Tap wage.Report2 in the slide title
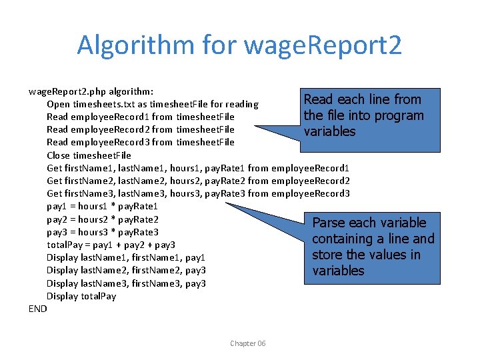click(323, 45)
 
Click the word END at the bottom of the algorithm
click(38, 309)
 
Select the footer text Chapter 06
click(247, 343)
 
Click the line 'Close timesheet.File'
click(89, 155)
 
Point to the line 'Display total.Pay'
click(81, 296)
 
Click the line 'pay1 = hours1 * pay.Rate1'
click(102, 207)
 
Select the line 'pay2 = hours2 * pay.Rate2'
click(102, 219)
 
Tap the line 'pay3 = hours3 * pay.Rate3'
click(102, 232)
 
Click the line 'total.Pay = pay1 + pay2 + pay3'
click(111, 245)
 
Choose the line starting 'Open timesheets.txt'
click(153, 104)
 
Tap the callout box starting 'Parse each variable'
click(373, 247)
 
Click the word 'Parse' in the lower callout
click(329, 223)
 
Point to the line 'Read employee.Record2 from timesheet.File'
click(141, 129)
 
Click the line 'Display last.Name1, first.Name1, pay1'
click(126, 257)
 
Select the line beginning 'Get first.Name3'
click(198, 194)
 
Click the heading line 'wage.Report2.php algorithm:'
click(91, 91)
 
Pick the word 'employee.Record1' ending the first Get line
click(311, 168)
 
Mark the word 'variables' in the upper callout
click(329, 131)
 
